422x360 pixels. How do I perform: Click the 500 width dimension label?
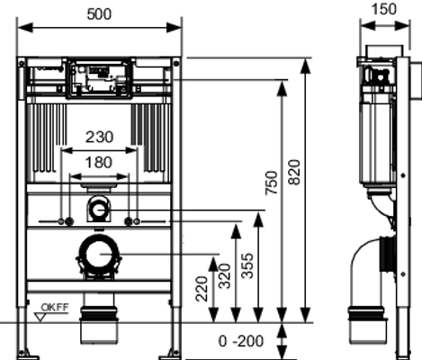coord(99,14)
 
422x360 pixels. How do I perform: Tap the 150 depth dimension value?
coord(384,9)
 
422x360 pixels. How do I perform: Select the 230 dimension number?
coord(100,137)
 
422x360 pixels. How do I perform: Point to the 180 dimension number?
coord(99,162)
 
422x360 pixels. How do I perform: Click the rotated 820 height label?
coord(294,173)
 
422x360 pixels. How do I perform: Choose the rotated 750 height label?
coord(272,183)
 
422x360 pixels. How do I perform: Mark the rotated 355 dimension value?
coord(247,265)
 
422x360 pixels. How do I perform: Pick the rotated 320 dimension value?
coord(224,276)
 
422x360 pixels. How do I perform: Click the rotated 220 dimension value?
coord(202,289)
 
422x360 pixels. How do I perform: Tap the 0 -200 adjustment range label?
coord(241,341)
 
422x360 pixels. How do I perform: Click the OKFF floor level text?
coord(55,307)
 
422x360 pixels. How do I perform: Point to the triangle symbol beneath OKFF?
coord(40,317)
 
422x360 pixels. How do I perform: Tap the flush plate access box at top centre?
coord(99,78)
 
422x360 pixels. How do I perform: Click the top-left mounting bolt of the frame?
coord(22,64)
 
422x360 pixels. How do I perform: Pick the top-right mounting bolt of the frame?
coord(176,63)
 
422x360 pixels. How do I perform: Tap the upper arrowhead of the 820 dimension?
coord(305,67)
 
